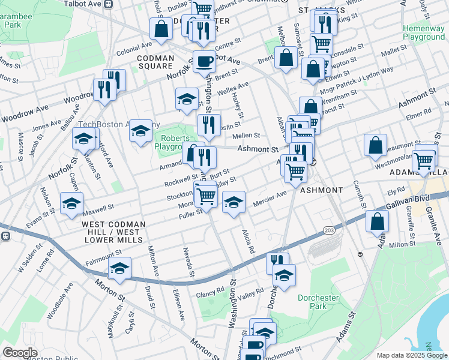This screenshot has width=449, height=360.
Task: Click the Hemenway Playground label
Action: pos(423,32)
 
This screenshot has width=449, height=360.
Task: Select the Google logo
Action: pos(20,353)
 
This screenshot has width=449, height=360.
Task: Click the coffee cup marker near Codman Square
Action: pos(205,62)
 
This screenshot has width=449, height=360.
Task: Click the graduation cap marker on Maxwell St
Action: pos(71,203)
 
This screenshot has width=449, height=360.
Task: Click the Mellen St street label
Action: pos(249,136)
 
